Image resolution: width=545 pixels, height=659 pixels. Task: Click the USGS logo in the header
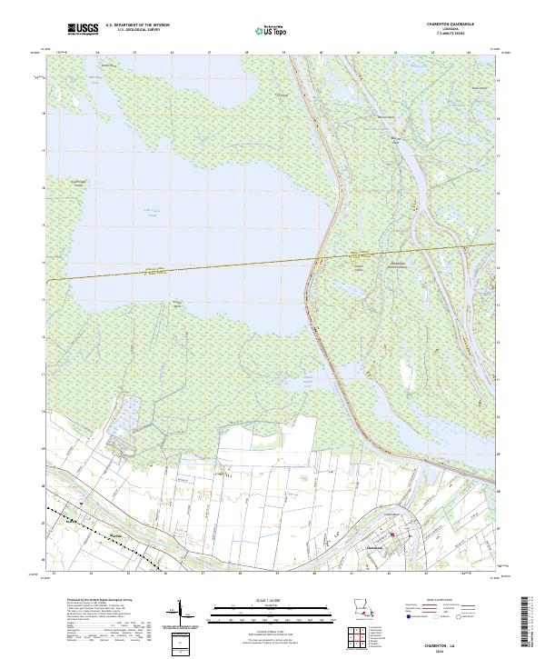point(79,30)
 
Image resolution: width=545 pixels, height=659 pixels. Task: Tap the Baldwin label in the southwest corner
point(72,521)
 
